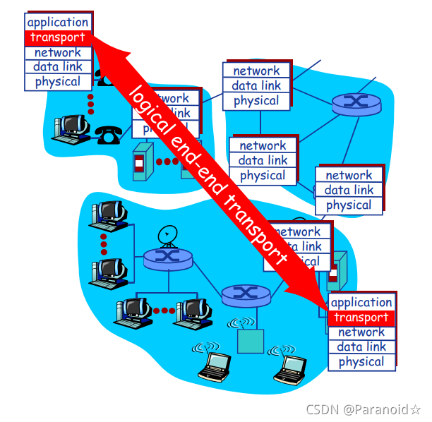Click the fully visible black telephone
coord(108,134)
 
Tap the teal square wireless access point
coord(250,341)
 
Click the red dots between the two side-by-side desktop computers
coord(164,310)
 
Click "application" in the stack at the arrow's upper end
coord(57,23)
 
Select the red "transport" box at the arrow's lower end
coord(361,318)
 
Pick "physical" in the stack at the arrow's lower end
coord(361,362)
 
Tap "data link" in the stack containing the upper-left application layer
coord(57,67)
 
